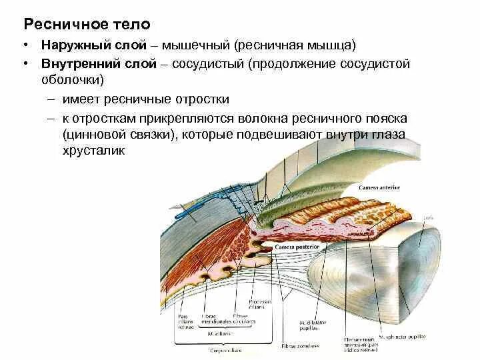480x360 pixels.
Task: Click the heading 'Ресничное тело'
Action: click(87, 25)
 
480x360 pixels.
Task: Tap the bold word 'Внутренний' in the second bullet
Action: click(77, 65)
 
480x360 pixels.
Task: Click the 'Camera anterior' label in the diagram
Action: click(377, 189)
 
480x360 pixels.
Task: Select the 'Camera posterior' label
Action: click(297, 247)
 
